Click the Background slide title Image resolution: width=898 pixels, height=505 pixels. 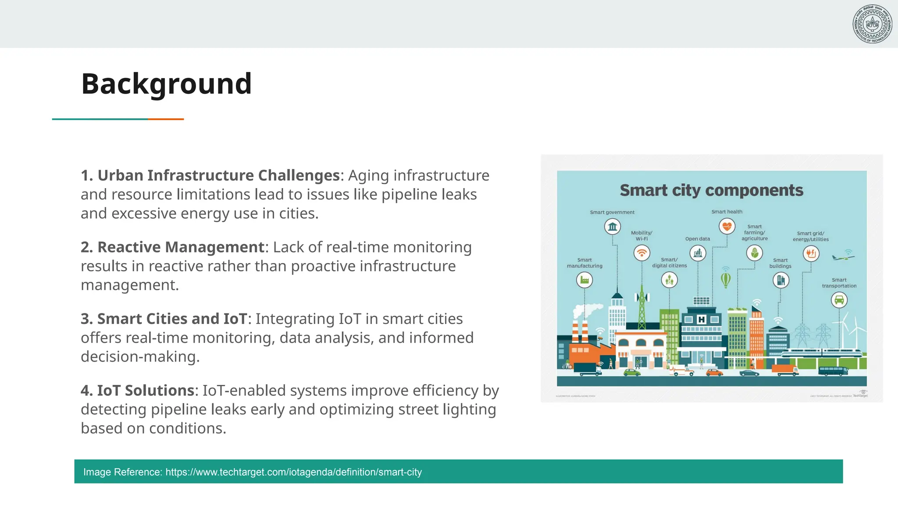pos(166,84)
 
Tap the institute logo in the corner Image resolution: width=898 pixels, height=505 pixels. pos(872,24)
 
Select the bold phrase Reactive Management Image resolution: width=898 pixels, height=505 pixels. pos(181,247)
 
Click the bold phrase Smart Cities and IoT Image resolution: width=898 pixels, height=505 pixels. pos(172,319)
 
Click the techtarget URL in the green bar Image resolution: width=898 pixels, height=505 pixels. pos(293,472)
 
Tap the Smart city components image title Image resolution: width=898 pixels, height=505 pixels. pos(711,190)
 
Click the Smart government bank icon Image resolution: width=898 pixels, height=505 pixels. pos(613,227)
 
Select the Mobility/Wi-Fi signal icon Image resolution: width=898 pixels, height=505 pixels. pos(642,253)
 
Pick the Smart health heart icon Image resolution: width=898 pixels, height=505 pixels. pos(727,227)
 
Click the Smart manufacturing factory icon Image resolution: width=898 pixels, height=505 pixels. pos(584,280)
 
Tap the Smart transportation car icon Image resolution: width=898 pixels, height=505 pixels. pos(839,300)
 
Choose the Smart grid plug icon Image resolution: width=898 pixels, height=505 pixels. pos(811,253)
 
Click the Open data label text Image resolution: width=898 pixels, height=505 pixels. pos(698,239)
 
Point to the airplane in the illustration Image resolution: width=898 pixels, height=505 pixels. pos(842,257)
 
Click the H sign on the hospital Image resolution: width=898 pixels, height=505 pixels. pos(702,320)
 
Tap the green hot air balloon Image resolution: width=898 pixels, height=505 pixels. pos(726,279)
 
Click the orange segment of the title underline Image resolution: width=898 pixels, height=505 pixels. pos(166,119)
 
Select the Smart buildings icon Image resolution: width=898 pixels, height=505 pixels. pos(781,280)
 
